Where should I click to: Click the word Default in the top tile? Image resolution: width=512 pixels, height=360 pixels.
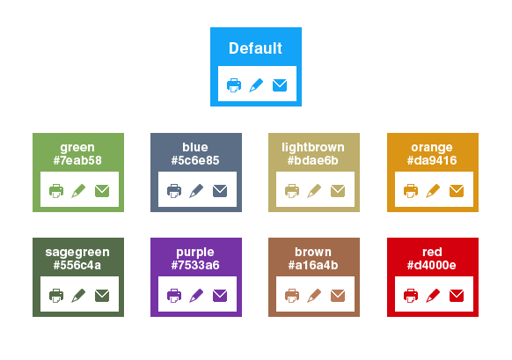click(255, 48)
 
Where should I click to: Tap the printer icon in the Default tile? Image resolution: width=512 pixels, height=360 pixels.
click(234, 85)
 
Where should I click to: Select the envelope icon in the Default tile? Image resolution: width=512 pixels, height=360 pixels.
click(280, 85)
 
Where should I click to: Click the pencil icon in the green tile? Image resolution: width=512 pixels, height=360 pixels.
click(78, 191)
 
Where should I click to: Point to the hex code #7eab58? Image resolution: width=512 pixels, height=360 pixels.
click(77, 160)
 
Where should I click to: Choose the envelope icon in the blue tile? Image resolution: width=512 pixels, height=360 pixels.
click(220, 191)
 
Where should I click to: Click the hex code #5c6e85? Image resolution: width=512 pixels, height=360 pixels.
click(195, 160)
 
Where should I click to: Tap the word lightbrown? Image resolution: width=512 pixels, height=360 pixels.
click(313, 147)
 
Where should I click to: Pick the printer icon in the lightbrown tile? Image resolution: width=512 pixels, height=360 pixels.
click(292, 191)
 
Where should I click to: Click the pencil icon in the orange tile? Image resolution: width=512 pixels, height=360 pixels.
click(433, 191)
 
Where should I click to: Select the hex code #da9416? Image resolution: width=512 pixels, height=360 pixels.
click(432, 160)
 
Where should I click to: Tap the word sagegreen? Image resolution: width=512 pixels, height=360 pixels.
click(77, 253)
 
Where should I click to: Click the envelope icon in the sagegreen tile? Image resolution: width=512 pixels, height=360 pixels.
click(102, 296)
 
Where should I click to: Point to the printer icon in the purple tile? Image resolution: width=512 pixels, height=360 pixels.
click(174, 296)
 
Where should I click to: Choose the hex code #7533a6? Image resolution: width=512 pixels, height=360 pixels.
click(195, 265)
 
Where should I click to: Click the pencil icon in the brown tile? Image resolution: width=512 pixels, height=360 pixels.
click(314, 296)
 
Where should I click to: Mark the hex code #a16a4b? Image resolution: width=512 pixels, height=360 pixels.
click(313, 265)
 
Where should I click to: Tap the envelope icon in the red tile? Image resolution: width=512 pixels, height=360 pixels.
click(457, 296)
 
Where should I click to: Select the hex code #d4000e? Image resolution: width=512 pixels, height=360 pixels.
click(432, 265)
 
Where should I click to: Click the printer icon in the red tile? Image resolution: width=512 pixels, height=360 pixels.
click(411, 296)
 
